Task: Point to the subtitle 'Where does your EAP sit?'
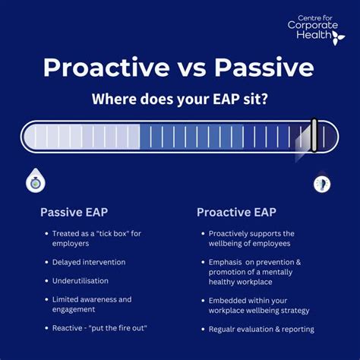179,99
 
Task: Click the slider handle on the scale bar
312,137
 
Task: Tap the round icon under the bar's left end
33,181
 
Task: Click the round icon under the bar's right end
321,183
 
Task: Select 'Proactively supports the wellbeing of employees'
251,238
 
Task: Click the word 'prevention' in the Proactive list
272,262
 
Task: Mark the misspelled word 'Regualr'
226,329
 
